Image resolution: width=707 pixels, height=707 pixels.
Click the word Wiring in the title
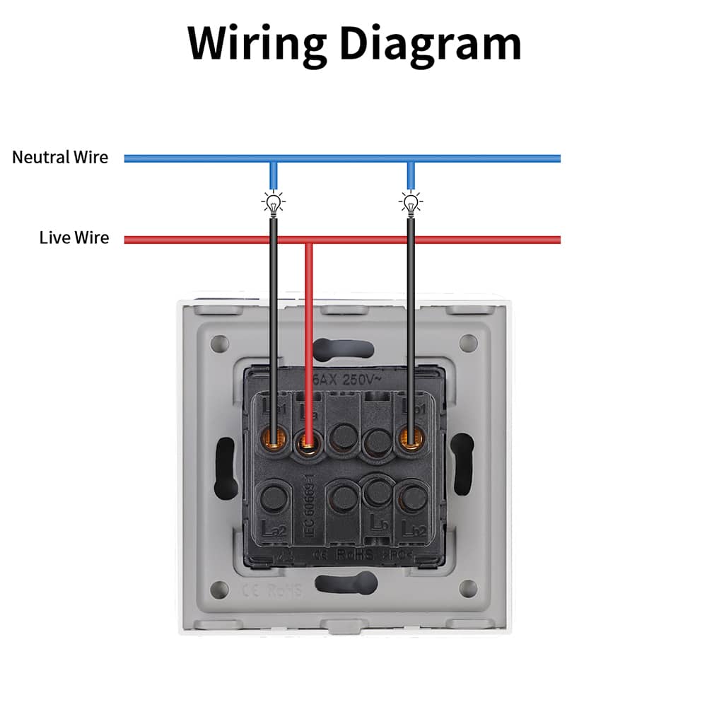(250, 44)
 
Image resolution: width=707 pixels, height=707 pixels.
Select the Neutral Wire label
(60, 157)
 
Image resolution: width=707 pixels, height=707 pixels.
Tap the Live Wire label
(74, 238)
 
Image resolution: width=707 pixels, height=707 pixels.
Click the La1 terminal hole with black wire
(273, 438)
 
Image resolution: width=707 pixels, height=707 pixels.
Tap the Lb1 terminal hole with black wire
(411, 438)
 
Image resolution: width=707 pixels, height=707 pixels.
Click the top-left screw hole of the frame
(220, 344)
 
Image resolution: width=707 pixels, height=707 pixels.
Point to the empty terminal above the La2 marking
(272, 498)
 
